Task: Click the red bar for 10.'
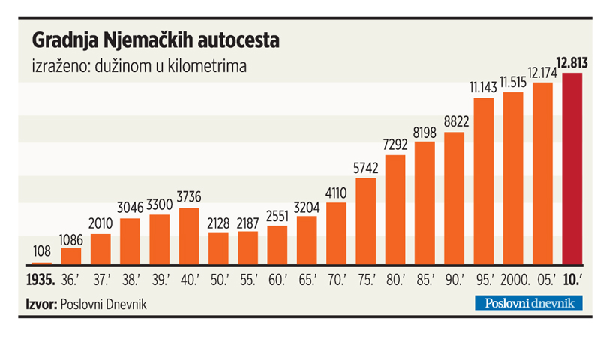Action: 572,169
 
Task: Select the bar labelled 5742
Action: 366,221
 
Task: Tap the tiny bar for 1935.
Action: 42,263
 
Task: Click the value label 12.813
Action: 571,62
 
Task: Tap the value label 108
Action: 42,250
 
